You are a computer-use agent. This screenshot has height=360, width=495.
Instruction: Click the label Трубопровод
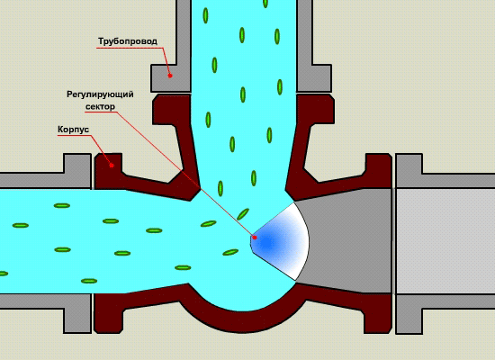(x=128, y=41)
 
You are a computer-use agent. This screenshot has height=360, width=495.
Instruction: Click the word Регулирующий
(x=100, y=94)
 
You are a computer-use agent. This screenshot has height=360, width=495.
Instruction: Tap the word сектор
(x=100, y=107)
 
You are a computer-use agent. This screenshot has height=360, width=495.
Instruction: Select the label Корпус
(x=73, y=130)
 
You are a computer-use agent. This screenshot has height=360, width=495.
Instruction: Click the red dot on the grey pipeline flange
(x=170, y=76)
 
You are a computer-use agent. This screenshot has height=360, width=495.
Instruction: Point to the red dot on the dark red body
(x=112, y=166)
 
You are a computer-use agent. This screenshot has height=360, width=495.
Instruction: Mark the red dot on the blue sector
(x=255, y=238)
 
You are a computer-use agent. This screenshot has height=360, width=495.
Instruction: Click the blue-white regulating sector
(x=280, y=241)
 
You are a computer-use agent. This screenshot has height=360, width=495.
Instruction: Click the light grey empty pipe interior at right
(x=445, y=241)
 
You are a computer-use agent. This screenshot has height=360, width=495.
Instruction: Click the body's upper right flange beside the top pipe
(x=315, y=109)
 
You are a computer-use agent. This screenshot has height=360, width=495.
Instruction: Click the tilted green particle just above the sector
(x=243, y=214)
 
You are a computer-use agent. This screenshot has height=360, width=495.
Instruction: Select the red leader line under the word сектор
(x=185, y=175)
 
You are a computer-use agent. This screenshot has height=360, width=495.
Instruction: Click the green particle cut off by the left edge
(x=4, y=274)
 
